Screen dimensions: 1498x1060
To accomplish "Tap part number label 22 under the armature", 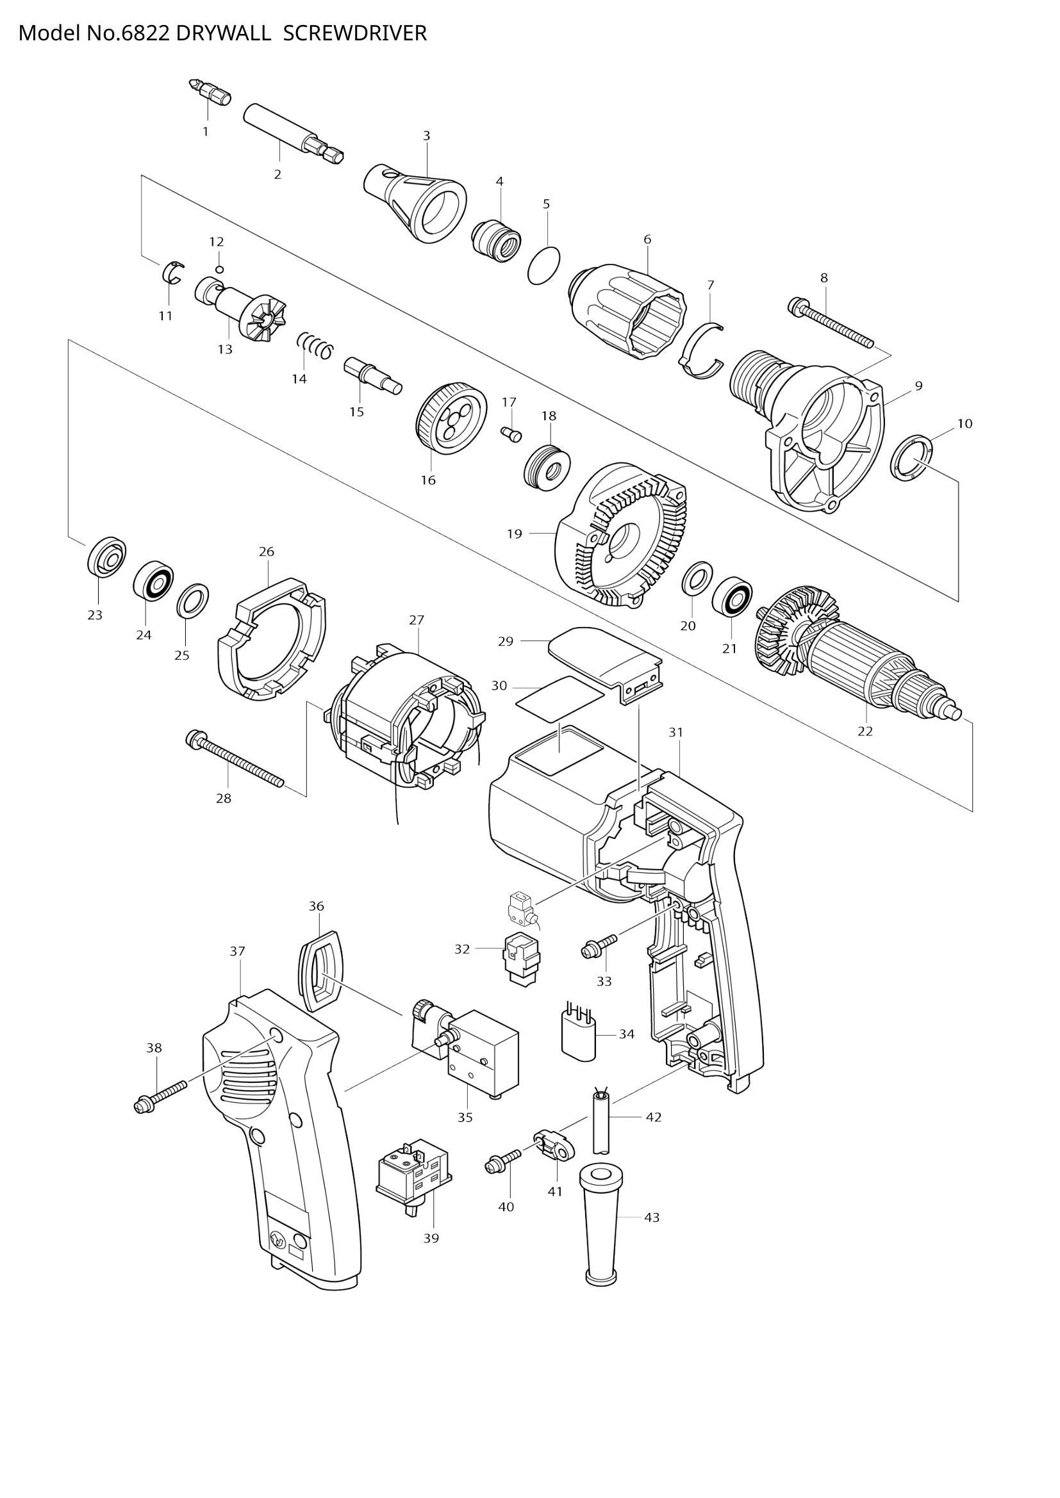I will pyautogui.click(x=865, y=731).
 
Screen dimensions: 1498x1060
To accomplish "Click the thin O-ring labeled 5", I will pyautogui.click(x=543, y=266).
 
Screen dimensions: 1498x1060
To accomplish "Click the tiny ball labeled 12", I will pyautogui.click(x=220, y=269).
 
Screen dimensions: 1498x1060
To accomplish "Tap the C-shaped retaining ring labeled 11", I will pyautogui.click(x=172, y=272).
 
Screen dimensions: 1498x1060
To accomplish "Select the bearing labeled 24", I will pyautogui.click(x=153, y=579).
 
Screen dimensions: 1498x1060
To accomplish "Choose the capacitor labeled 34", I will pyautogui.click(x=578, y=1038).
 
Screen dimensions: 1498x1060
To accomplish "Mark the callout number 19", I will pyautogui.click(x=515, y=533).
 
